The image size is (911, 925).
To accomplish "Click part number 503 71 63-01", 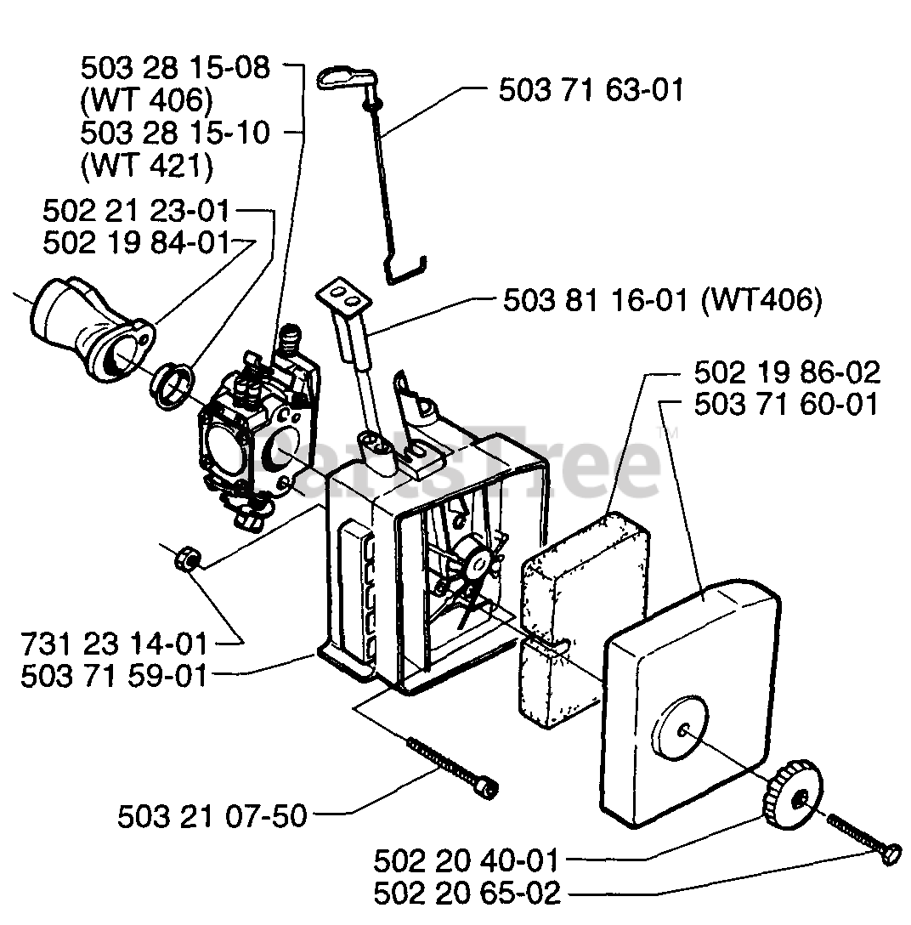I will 591,91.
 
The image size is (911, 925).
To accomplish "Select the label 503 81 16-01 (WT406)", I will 663,302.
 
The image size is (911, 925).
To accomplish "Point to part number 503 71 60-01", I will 787,405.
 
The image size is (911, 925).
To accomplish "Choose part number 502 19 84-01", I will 136,243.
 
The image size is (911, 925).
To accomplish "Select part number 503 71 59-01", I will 114,677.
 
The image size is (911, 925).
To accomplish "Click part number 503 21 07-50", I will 212,816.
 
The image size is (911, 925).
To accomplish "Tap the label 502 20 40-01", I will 467,861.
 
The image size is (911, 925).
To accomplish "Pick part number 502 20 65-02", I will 467,894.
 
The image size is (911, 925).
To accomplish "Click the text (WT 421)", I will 145,166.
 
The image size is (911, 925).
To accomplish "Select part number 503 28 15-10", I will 175,133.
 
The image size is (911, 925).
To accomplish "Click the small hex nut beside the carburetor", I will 186,560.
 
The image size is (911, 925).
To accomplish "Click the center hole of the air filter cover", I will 683,728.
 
